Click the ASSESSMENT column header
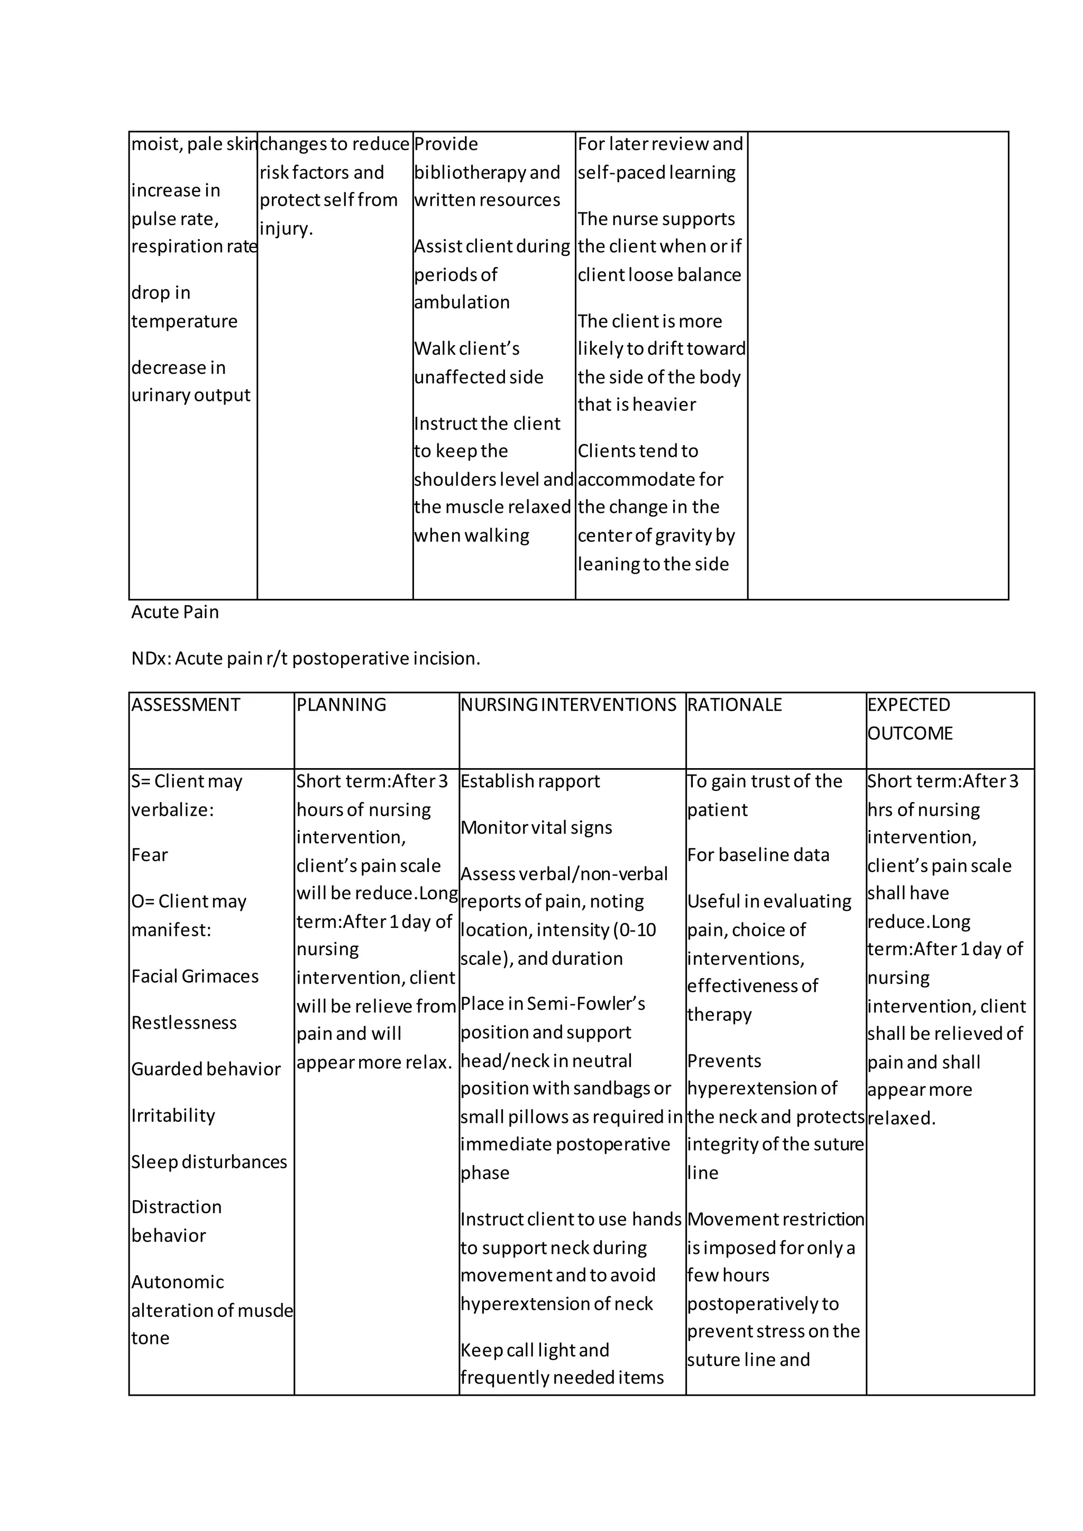point(186,705)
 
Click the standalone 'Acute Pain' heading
point(175,612)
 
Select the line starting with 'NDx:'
point(306,659)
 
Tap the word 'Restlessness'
point(184,1023)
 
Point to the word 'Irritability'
point(173,1115)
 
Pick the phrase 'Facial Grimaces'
point(195,976)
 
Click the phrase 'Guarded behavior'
point(206,1069)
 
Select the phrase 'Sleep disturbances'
point(209,1161)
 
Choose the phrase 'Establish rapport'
point(530,781)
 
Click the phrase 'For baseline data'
point(758,855)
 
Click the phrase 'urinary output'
point(191,395)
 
